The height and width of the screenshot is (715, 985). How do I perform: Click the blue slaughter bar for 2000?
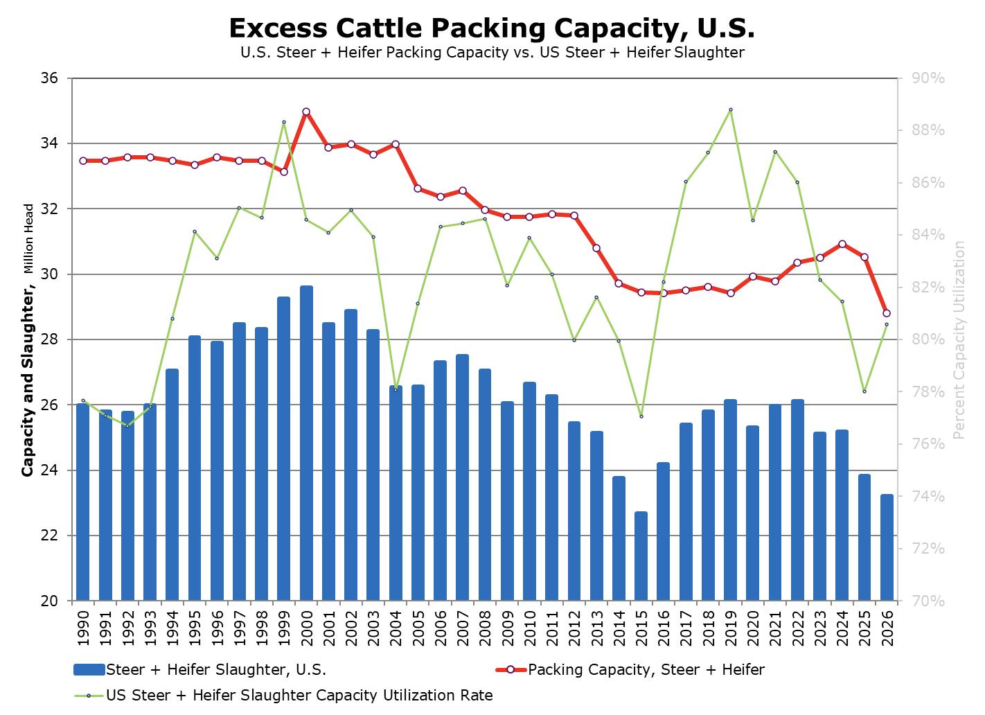point(306,443)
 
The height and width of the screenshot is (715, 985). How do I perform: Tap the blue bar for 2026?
point(887,547)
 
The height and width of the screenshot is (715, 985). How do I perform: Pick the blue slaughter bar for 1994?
point(172,485)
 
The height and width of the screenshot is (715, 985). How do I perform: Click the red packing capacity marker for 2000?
point(306,112)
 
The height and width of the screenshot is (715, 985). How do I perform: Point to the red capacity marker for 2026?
point(887,313)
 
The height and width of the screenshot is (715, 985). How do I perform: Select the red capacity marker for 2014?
point(619,283)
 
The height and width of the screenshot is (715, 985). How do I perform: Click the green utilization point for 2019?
point(730,109)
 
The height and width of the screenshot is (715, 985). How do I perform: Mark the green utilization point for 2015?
point(641,416)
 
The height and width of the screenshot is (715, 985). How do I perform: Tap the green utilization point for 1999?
point(284,122)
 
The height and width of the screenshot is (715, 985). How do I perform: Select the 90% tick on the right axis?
point(928,78)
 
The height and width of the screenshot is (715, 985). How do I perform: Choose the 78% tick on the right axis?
point(928,392)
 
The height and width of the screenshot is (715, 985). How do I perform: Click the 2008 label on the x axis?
point(485,623)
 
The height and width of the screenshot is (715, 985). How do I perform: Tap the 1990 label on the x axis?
point(83,623)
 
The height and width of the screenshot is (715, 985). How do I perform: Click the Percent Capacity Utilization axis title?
point(959,339)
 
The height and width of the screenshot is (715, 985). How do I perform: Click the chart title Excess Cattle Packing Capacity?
point(492,28)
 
